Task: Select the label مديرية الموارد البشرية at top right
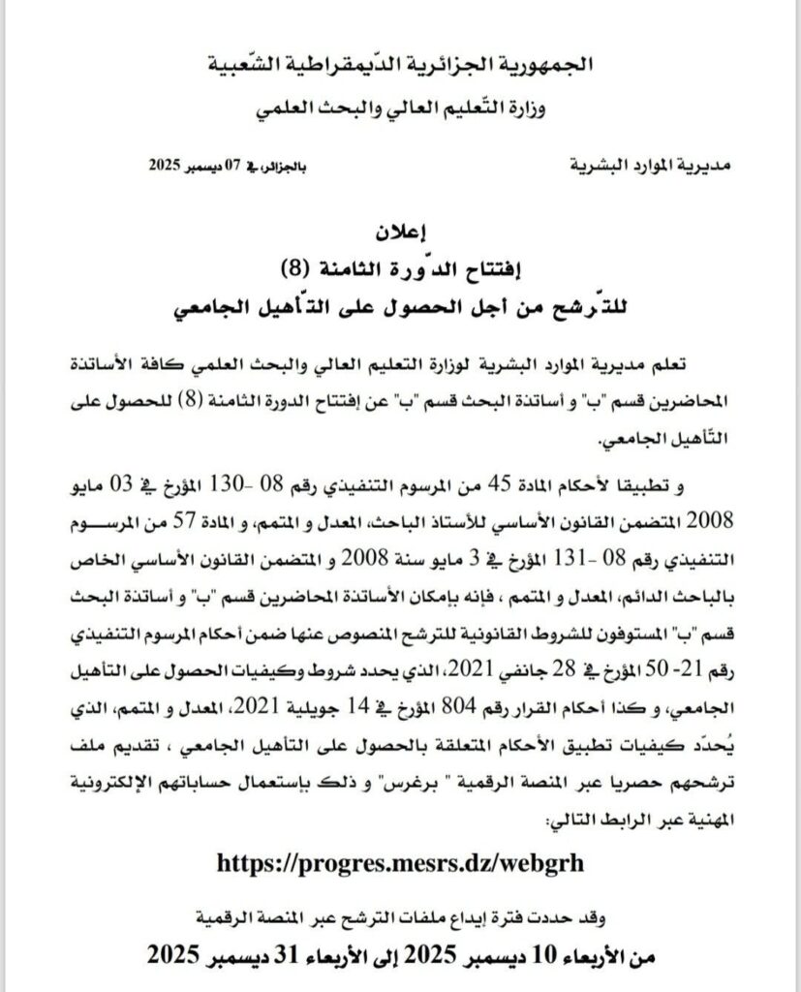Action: (x=636, y=166)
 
